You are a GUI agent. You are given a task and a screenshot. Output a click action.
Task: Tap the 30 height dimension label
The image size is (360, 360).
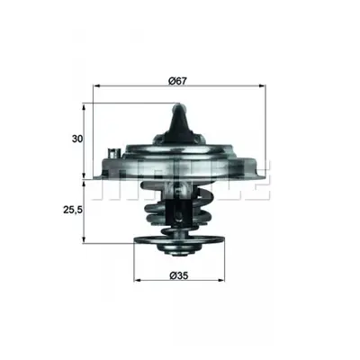pos(77,139)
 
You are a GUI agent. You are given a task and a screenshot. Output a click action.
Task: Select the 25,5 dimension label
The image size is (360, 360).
pos(72,211)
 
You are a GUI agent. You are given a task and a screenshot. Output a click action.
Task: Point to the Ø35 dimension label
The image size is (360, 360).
pos(178,275)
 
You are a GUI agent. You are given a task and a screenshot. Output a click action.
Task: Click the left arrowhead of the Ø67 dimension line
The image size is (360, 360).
pos(96,86)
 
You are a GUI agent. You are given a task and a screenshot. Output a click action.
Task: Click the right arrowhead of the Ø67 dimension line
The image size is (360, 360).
pos(262,86)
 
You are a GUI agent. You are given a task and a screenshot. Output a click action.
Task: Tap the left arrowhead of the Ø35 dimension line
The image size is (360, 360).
pos(137,281)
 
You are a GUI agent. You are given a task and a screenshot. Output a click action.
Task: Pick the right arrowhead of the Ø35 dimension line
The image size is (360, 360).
pos(221,281)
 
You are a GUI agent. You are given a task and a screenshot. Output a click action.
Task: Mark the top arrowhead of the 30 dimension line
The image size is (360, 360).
pos(85,107)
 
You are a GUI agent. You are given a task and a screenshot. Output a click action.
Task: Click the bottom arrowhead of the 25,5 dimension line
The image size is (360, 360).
pos(85,239)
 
